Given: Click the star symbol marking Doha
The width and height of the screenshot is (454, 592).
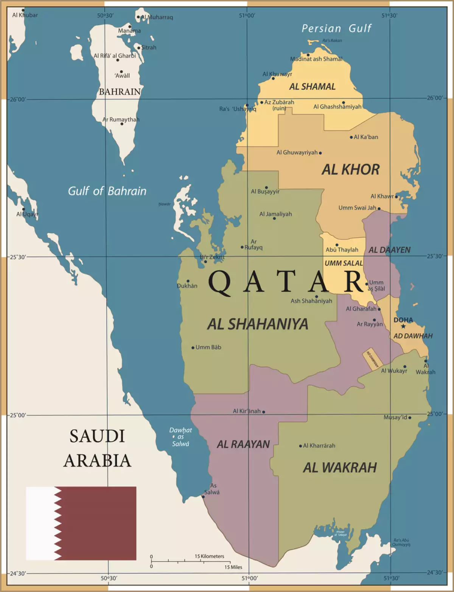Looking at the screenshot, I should click(x=403, y=326).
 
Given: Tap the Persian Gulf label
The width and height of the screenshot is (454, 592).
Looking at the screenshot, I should click(x=336, y=28).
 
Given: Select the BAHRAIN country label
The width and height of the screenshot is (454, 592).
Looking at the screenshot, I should click(x=120, y=92).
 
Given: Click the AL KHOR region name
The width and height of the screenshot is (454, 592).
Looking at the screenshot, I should click(x=350, y=169).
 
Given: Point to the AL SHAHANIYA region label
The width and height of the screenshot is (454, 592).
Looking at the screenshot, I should click(x=258, y=324).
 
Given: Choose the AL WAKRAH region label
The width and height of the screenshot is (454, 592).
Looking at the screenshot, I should click(x=340, y=468).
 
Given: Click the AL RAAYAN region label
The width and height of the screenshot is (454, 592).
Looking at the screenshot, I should click(x=243, y=444).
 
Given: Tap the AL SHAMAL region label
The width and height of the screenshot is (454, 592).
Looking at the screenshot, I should click(x=313, y=87).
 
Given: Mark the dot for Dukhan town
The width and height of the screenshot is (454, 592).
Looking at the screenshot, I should click(x=188, y=281).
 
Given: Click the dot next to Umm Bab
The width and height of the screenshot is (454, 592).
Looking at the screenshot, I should click(x=193, y=347).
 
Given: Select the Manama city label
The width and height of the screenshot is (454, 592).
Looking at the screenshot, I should click(x=129, y=31).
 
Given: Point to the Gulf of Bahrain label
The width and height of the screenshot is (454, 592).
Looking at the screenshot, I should click(x=107, y=191).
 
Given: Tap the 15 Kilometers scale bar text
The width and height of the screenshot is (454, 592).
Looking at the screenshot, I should click(x=209, y=556).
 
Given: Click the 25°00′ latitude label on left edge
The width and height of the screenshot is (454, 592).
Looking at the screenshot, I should click(x=17, y=415).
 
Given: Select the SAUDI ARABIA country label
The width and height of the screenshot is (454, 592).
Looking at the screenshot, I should click(x=97, y=448).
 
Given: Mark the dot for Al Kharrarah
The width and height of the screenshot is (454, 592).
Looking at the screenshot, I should click(x=300, y=446).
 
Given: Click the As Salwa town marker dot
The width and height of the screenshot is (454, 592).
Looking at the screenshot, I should click(x=203, y=497).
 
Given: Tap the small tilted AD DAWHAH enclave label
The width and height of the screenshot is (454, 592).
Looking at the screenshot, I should click(x=372, y=358).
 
